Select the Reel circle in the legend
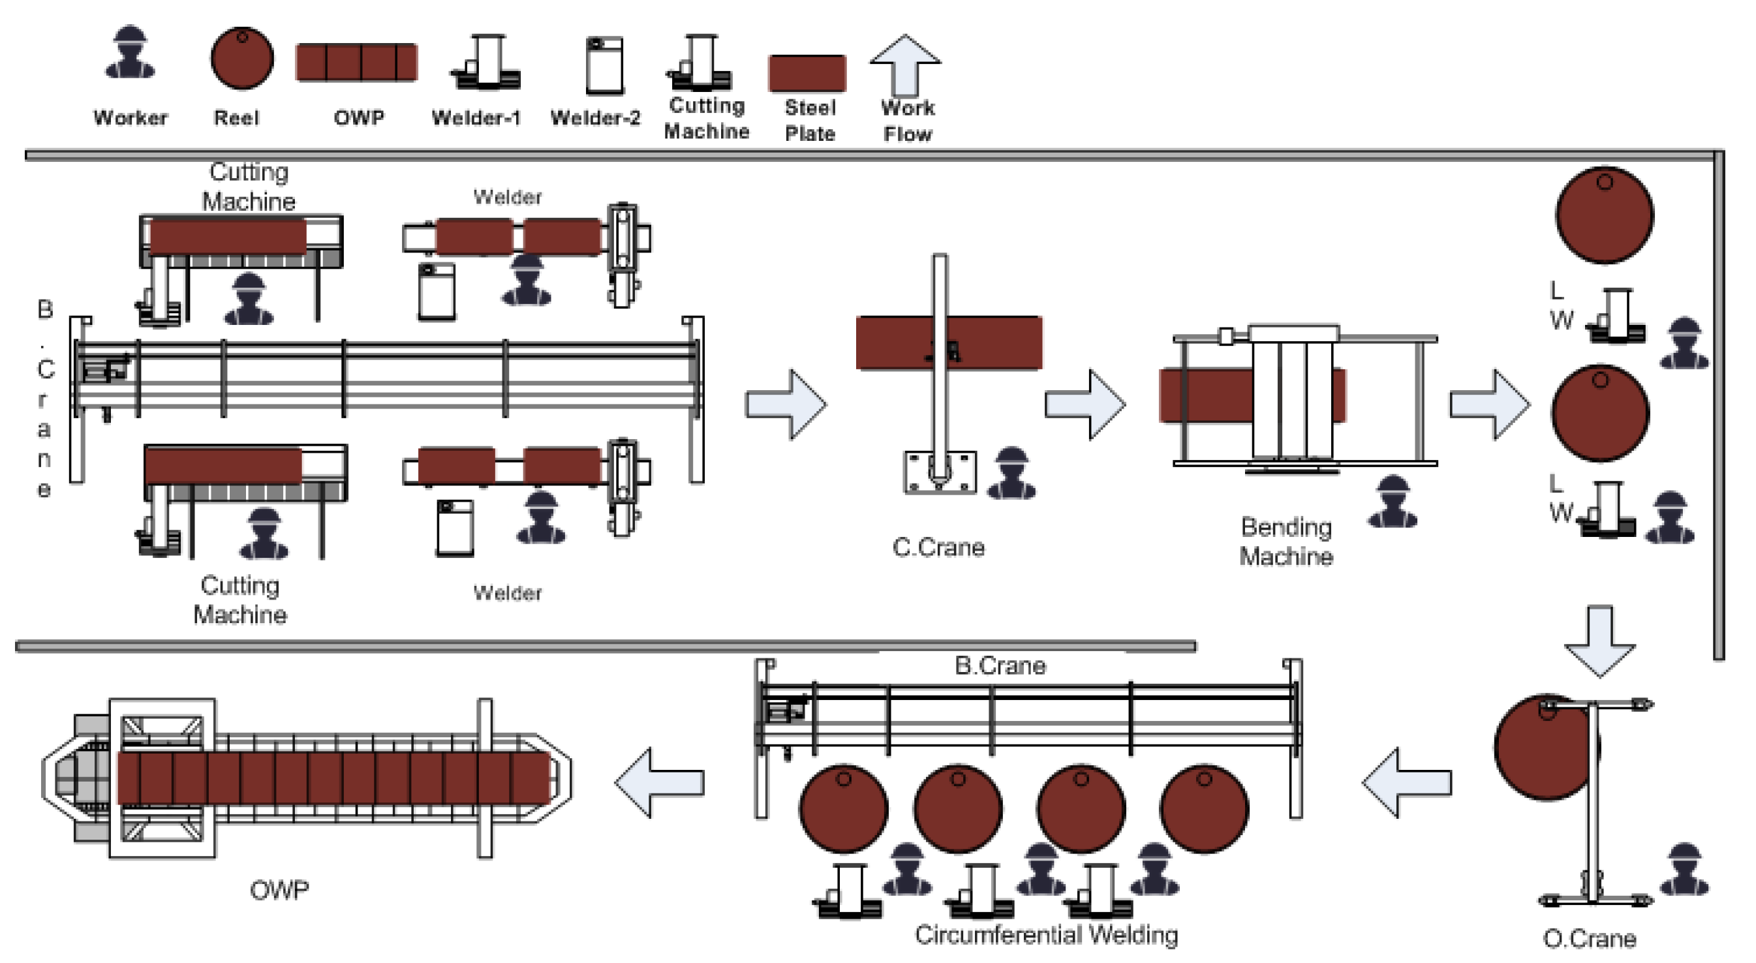pyautogui.click(x=242, y=58)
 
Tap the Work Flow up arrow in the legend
pyautogui.click(x=905, y=65)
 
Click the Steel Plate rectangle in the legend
pyautogui.click(x=808, y=73)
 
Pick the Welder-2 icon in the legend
pyautogui.click(x=605, y=65)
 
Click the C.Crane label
pyautogui.click(x=938, y=547)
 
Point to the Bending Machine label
pyautogui.click(x=1286, y=542)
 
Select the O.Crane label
pyautogui.click(x=1590, y=938)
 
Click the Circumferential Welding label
pyautogui.click(x=1047, y=934)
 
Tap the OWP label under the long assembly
pyautogui.click(x=279, y=890)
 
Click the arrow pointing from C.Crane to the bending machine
pyautogui.click(x=1085, y=404)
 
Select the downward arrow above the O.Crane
pyautogui.click(x=1600, y=641)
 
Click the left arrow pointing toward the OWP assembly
pyautogui.click(x=659, y=782)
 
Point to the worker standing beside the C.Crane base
pyautogui.click(x=1011, y=473)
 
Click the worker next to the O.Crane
pyautogui.click(x=1684, y=870)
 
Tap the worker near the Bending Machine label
pyautogui.click(x=1392, y=502)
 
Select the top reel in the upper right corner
pyautogui.click(x=1605, y=215)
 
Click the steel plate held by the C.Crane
pyautogui.click(x=949, y=343)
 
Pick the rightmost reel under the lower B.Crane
pyautogui.click(x=1205, y=809)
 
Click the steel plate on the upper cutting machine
pyautogui.click(x=228, y=236)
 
